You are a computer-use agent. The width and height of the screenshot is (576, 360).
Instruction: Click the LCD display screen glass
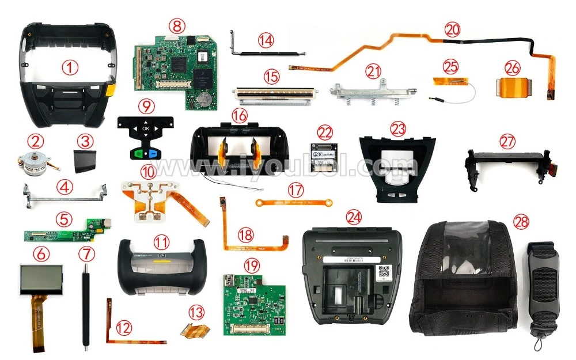41,279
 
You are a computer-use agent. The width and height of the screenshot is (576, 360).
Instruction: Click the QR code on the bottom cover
385,271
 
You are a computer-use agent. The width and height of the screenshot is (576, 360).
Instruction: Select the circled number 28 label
521,222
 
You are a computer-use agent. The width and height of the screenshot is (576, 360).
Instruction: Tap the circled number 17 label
295,189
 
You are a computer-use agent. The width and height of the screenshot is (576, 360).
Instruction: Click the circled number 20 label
453,28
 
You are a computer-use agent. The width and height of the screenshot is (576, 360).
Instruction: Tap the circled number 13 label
196,313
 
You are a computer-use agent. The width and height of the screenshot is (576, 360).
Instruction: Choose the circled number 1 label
70,67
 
